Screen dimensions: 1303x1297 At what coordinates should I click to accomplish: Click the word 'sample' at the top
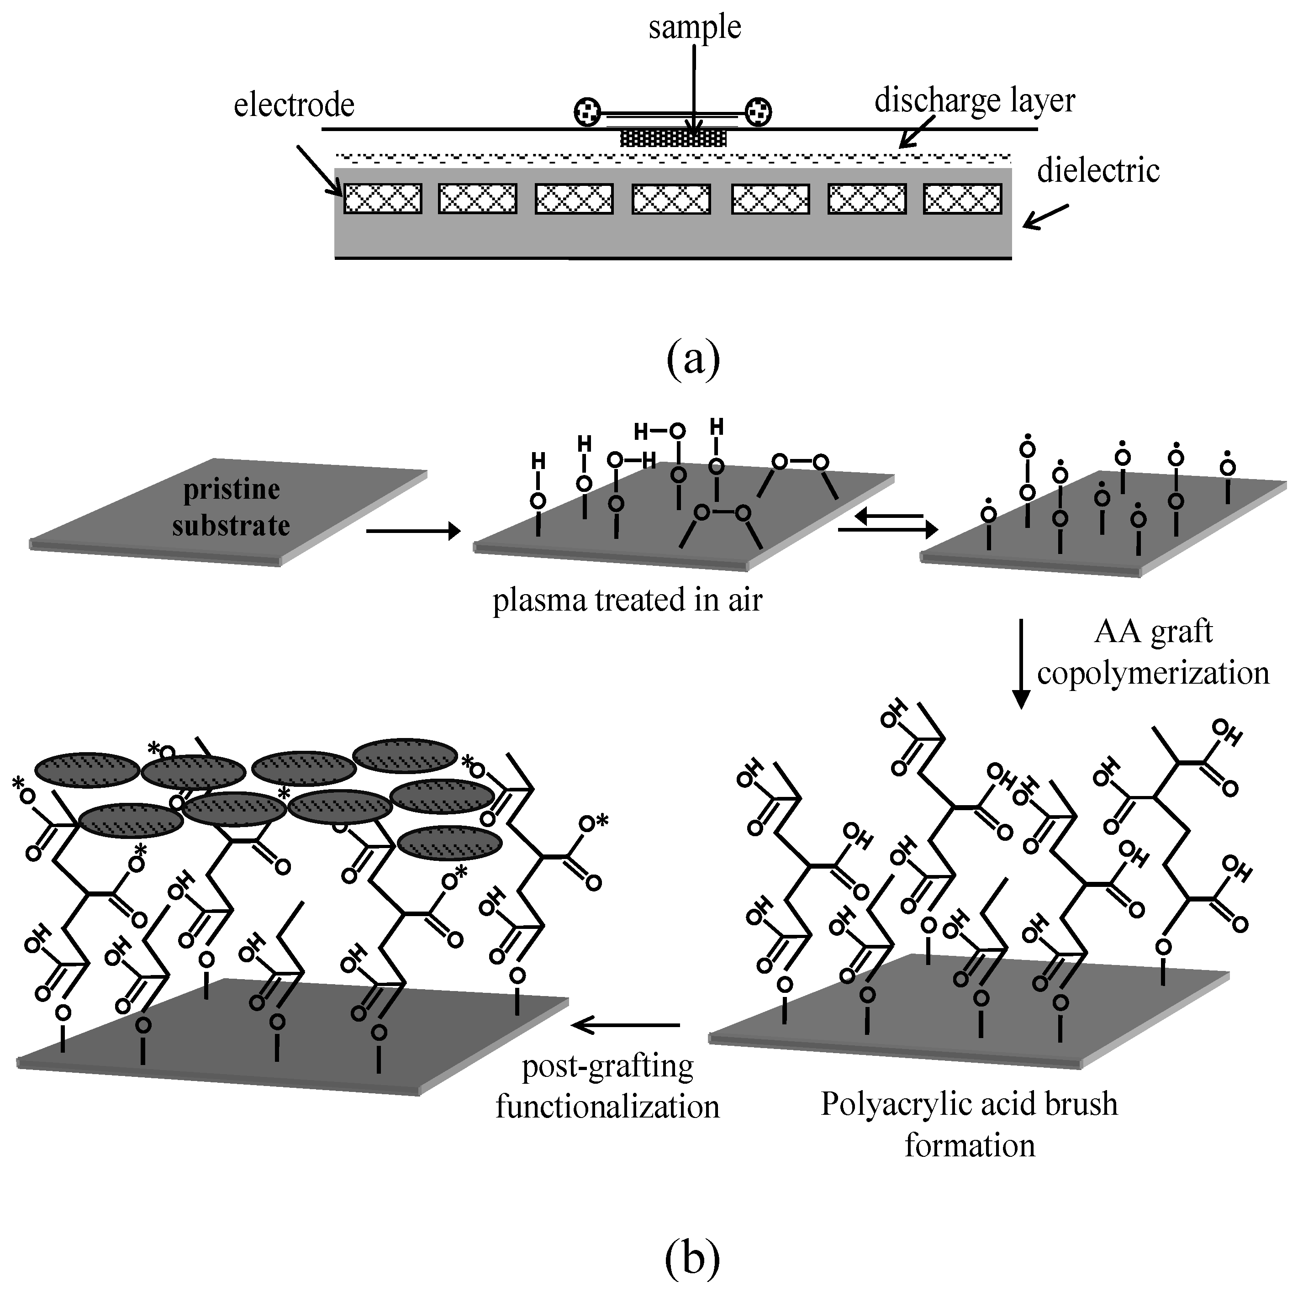coord(695,28)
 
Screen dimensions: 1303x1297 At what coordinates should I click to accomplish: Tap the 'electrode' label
coord(294,105)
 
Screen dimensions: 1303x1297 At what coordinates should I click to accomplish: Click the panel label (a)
coord(693,359)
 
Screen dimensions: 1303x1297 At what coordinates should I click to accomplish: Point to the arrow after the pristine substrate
coord(413,532)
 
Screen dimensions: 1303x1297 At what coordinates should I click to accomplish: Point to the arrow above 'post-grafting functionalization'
coord(625,1026)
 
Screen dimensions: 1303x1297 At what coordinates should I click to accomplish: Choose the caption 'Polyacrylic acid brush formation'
coord(969,1124)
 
